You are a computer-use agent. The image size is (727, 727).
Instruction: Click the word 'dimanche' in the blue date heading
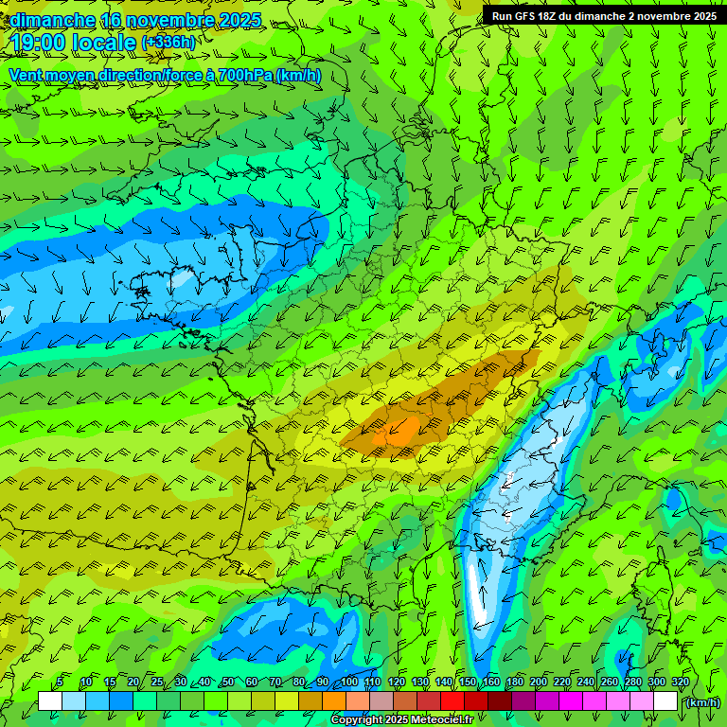pyautogui.click(x=52, y=20)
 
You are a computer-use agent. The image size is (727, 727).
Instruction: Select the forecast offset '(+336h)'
pyautogui.click(x=168, y=42)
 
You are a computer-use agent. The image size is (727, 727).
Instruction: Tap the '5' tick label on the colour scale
pyautogui.click(x=60, y=682)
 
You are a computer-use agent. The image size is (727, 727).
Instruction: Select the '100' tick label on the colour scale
pyautogui.click(x=349, y=682)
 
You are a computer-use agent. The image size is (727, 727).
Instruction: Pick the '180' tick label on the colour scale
pyautogui.click(x=515, y=682)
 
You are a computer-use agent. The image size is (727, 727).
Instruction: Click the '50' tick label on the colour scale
pyautogui.click(x=227, y=682)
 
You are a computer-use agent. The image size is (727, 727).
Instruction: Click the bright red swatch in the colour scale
pyautogui.click(x=452, y=701)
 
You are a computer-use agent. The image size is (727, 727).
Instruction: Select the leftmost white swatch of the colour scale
pyautogui.click(x=50, y=701)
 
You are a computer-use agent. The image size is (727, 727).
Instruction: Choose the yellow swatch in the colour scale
pyautogui.click(x=287, y=701)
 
